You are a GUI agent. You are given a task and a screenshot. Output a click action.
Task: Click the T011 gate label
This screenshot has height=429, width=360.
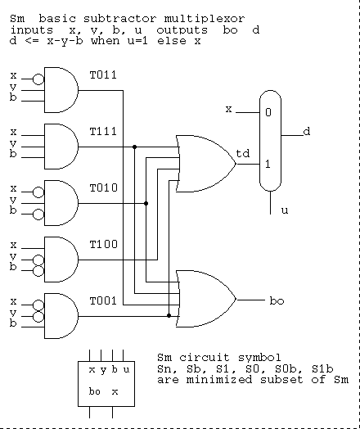click(103, 75)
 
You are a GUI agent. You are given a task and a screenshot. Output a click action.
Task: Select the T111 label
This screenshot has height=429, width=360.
click(103, 132)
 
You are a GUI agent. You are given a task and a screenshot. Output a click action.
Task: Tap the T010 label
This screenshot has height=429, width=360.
click(104, 188)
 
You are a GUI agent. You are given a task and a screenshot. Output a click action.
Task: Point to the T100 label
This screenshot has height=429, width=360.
click(104, 244)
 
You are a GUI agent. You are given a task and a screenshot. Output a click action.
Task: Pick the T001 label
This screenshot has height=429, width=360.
click(103, 301)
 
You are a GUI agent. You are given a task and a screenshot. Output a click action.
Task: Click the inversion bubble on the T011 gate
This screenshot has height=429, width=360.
click(38, 79)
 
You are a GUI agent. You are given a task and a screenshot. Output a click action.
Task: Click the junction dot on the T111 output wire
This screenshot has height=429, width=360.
click(134, 147)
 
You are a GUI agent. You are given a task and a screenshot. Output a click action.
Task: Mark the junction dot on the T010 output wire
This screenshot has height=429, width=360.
click(146, 204)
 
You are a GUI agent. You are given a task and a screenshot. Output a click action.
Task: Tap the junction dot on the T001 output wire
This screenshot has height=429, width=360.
click(169, 316)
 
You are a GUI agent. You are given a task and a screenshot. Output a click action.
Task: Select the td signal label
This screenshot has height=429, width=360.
click(243, 153)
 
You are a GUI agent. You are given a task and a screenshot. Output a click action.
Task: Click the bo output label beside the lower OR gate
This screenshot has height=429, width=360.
click(277, 301)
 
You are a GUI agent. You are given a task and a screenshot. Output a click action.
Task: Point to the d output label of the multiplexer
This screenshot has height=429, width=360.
click(307, 132)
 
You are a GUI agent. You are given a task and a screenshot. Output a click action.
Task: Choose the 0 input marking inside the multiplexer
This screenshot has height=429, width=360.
click(268, 112)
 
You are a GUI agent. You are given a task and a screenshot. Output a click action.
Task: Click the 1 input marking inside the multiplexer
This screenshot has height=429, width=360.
click(268, 165)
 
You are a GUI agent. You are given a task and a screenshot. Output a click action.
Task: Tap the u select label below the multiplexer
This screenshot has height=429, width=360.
click(285, 210)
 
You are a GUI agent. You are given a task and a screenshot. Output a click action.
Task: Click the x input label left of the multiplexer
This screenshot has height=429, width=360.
click(228, 109)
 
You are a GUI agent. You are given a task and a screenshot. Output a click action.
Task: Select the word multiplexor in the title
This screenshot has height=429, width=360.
click(205, 19)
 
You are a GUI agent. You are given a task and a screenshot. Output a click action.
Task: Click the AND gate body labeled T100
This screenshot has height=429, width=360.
click(61, 260)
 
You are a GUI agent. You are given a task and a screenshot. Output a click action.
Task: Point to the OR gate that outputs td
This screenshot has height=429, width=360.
click(206, 164)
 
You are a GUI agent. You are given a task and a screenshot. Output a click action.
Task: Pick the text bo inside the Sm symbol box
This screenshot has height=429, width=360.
click(95, 391)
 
